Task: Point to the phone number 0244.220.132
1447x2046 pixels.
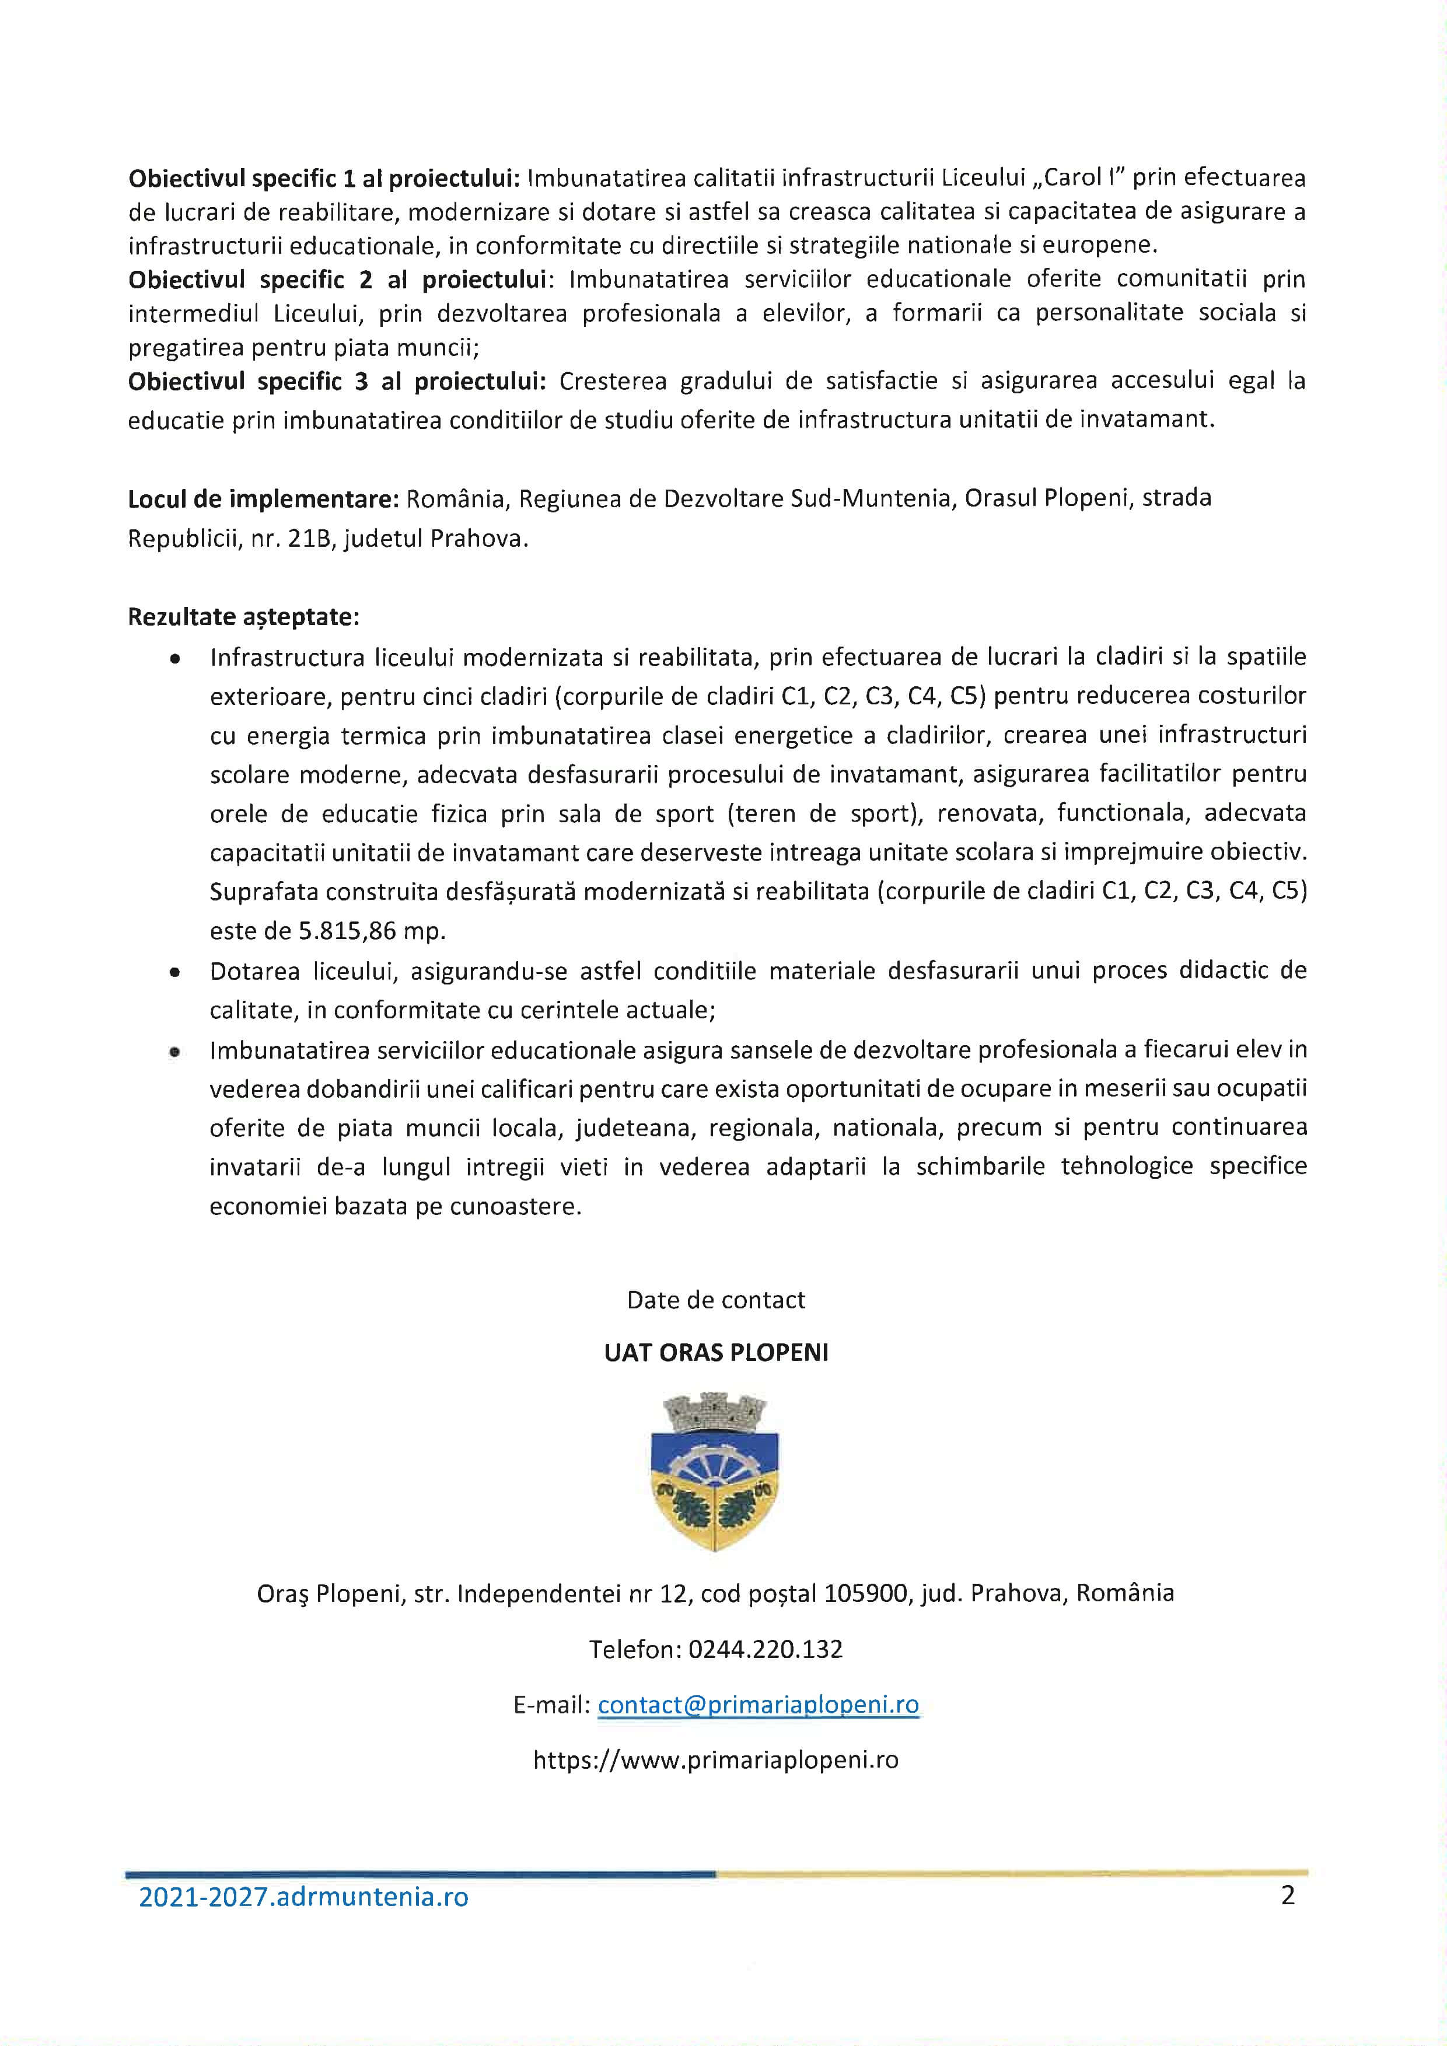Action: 766,1649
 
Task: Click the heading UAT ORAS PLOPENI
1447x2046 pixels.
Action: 715,1353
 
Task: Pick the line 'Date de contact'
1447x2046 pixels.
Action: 715,1300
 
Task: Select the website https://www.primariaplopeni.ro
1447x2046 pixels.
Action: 715,1760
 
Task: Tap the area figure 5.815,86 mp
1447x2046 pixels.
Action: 372,931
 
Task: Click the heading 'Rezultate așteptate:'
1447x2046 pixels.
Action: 243,617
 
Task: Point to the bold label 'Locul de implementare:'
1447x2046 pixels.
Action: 263,499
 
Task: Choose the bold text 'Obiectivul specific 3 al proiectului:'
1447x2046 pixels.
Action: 337,382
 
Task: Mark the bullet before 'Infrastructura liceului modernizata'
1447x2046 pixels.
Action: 176,658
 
